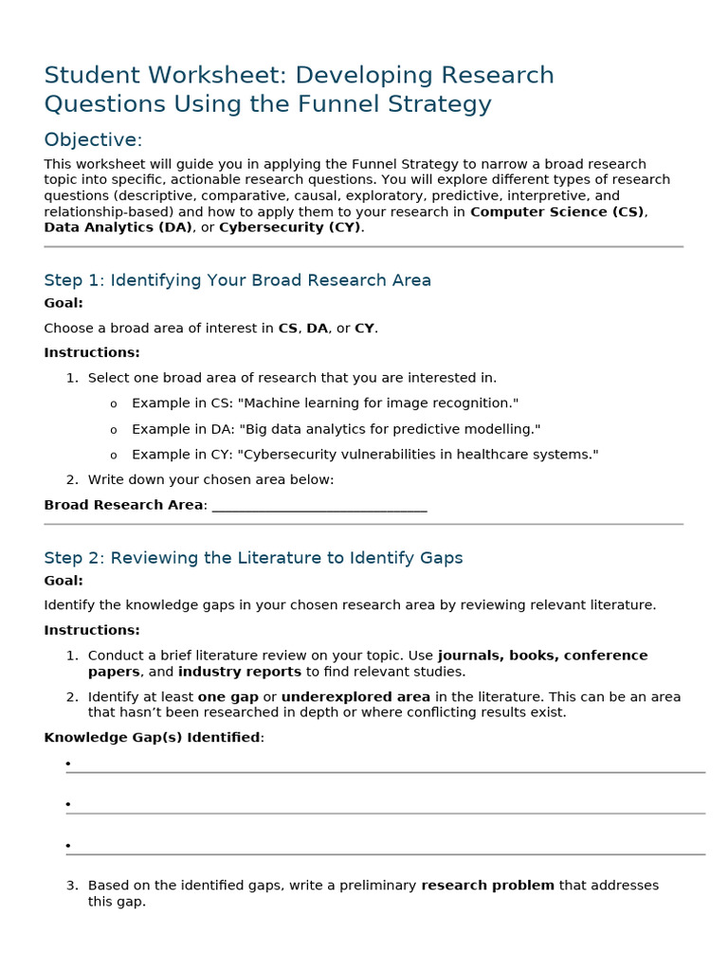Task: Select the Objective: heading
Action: point(93,140)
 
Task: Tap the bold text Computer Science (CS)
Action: point(557,211)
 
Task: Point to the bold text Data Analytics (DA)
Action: point(118,227)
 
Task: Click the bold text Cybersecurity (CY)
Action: point(290,227)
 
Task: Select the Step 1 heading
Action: point(237,280)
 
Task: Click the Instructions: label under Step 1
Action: point(92,352)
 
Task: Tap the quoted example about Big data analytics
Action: point(390,429)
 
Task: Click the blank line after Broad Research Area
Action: point(319,506)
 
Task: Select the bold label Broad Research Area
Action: point(123,505)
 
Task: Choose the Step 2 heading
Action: point(253,558)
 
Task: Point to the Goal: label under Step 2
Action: point(64,581)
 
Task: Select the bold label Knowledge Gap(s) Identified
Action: point(152,737)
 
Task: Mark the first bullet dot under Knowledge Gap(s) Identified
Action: point(68,763)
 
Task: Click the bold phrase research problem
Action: point(487,886)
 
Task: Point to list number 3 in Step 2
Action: point(71,886)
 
